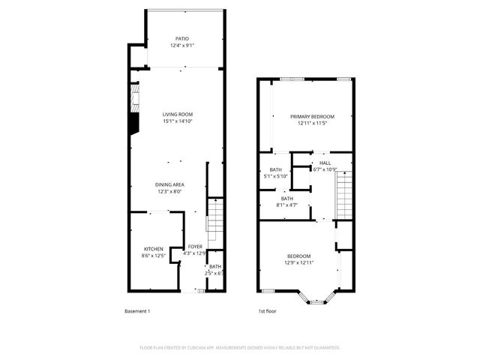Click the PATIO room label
pyautogui.click(x=182, y=37)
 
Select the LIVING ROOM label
pyautogui.click(x=178, y=114)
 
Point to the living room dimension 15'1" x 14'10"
pyautogui.click(x=178, y=121)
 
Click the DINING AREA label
pyautogui.click(x=171, y=184)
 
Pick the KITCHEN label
pyautogui.click(x=154, y=249)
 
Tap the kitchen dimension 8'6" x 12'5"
pyautogui.click(x=154, y=256)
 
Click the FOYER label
pyautogui.click(x=195, y=246)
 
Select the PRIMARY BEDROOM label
pyautogui.click(x=313, y=116)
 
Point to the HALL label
pyautogui.click(x=325, y=163)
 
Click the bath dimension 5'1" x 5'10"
pyautogui.click(x=276, y=176)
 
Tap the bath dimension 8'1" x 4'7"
pyautogui.click(x=287, y=205)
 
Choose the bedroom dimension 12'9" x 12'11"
pyautogui.click(x=298, y=262)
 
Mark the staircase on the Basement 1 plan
pyautogui.click(x=214, y=218)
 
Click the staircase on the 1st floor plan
pyautogui.click(x=344, y=195)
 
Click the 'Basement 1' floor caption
pyautogui.click(x=138, y=310)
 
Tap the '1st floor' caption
pyautogui.click(x=268, y=310)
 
